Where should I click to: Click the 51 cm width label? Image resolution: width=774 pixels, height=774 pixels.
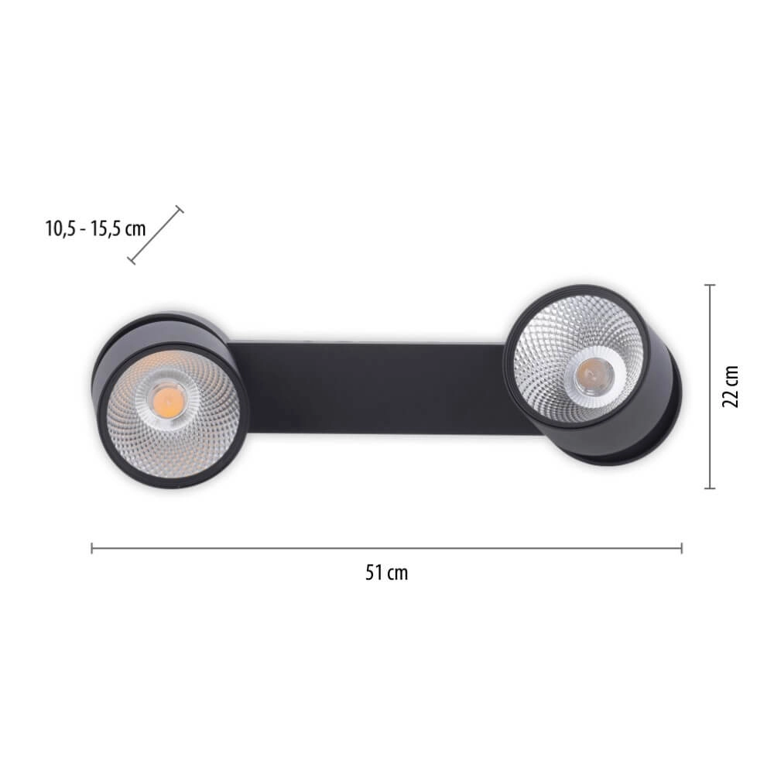coord(386,574)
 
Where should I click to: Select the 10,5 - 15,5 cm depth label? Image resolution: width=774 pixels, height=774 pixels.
coord(95,228)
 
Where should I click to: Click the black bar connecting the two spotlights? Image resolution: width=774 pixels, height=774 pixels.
coord(372,387)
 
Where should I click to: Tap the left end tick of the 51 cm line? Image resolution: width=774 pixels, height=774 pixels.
coord(92,548)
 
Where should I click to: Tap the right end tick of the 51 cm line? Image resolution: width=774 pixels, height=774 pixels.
coord(681,548)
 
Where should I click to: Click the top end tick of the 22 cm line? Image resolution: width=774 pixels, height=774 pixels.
coord(709,286)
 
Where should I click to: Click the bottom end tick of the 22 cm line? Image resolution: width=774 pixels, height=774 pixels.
coord(709,488)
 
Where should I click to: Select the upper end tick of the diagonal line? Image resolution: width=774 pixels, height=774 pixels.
coord(180,209)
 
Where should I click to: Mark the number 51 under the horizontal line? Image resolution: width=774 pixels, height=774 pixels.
coord(375,574)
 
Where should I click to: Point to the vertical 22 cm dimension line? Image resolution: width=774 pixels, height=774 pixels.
coord(709,387)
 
